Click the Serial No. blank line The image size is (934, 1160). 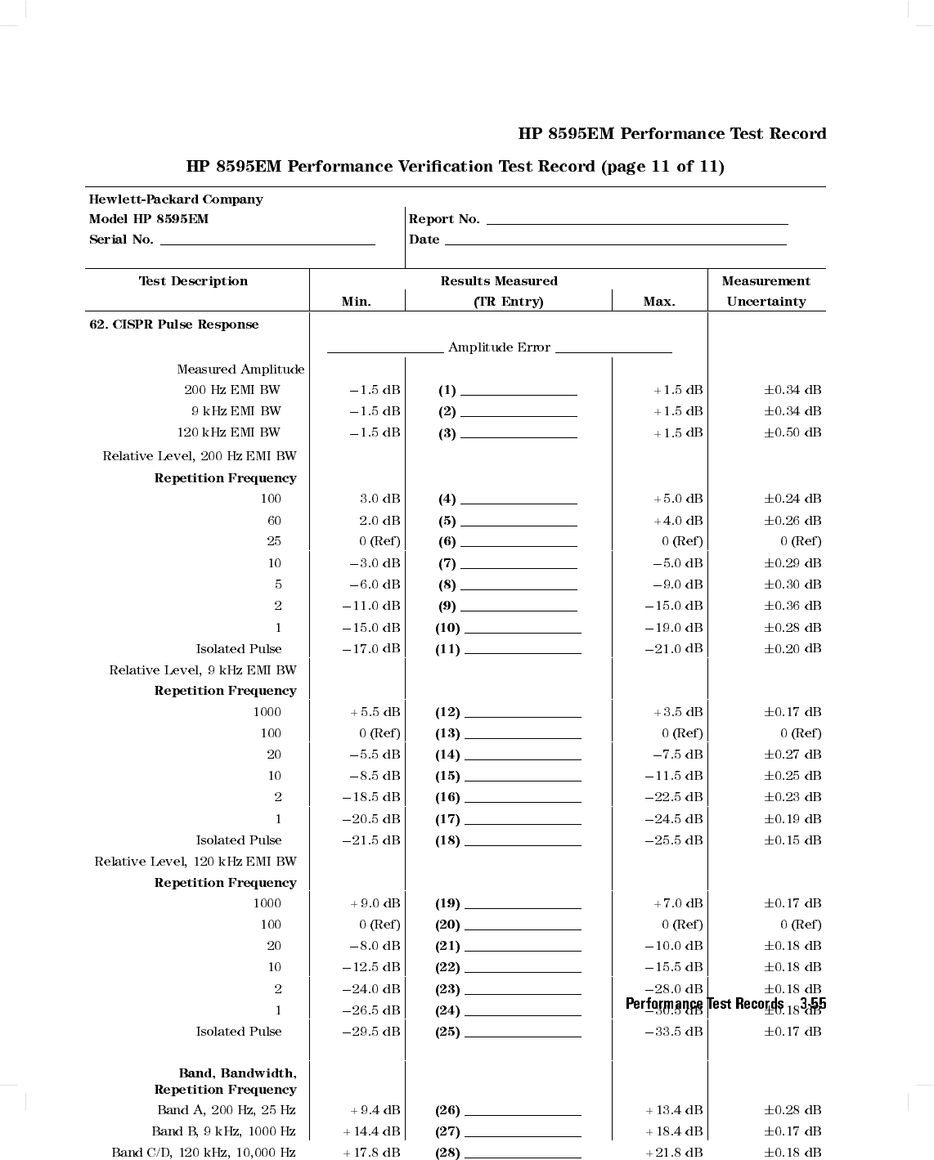[267, 243]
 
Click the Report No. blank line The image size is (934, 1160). [637, 222]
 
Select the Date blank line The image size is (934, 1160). [615, 243]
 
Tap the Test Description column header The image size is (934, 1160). [193, 281]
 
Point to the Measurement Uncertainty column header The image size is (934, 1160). [766, 291]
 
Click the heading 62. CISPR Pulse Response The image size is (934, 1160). [174, 325]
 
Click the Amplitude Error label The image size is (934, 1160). [499, 347]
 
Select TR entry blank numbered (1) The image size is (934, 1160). [519, 393]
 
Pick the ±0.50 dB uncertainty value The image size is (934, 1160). [793, 432]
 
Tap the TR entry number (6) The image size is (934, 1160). [447, 541]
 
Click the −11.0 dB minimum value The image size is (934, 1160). [371, 606]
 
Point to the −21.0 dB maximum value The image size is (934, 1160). [674, 648]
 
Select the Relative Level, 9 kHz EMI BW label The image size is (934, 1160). [203, 670]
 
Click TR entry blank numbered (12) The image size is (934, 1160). [523, 715]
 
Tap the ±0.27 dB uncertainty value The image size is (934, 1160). [793, 755]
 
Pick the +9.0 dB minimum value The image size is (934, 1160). [375, 903]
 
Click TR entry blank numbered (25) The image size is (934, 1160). [523, 1035]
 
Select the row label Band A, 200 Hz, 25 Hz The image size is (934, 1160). [227, 1110]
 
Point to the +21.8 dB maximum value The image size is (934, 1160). [674, 1153]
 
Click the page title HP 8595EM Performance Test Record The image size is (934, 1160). [672, 134]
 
